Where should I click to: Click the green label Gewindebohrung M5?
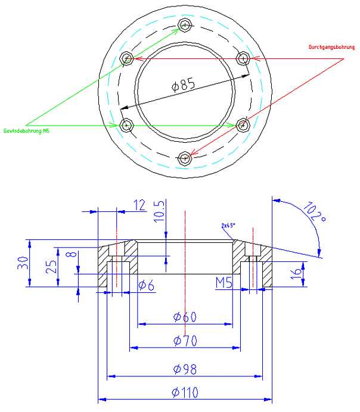(27, 130)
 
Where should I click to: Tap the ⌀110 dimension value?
(185, 392)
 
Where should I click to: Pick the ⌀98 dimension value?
(185, 370)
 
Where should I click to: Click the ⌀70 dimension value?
(185, 341)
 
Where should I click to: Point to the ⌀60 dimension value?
(185, 317)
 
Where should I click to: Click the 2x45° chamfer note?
(228, 226)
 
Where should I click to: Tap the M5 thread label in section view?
(224, 282)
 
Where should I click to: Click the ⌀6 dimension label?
(147, 286)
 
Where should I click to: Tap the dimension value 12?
(139, 205)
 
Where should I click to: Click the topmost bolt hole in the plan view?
(186, 26)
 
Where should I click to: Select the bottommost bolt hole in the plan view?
(186, 158)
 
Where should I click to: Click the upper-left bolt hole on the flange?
(126, 58)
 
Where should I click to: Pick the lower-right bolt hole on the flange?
(243, 125)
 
